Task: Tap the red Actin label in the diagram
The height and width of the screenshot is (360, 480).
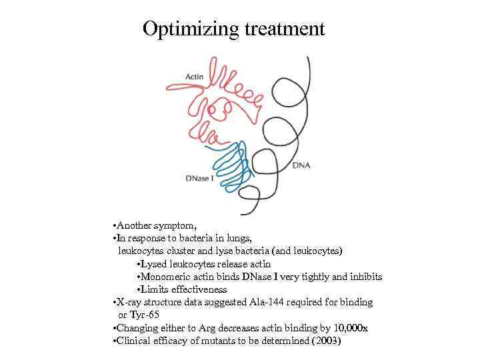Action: tap(194, 77)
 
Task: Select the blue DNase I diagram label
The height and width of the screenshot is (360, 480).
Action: tap(200, 179)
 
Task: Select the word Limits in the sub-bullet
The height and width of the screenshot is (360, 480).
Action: tap(153, 289)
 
